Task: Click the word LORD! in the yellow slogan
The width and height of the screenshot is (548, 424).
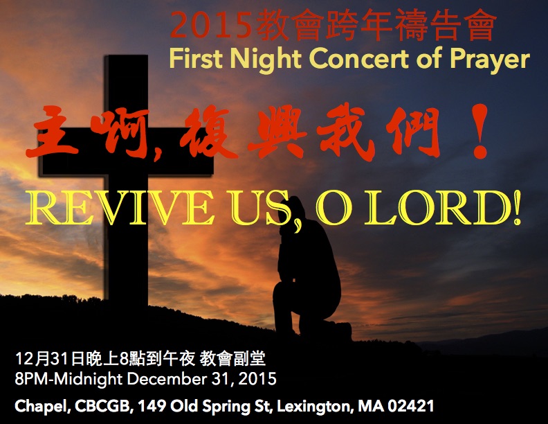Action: click(x=442, y=208)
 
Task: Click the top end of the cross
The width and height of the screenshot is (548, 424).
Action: click(x=127, y=56)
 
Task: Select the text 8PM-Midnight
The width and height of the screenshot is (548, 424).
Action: click(x=68, y=380)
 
